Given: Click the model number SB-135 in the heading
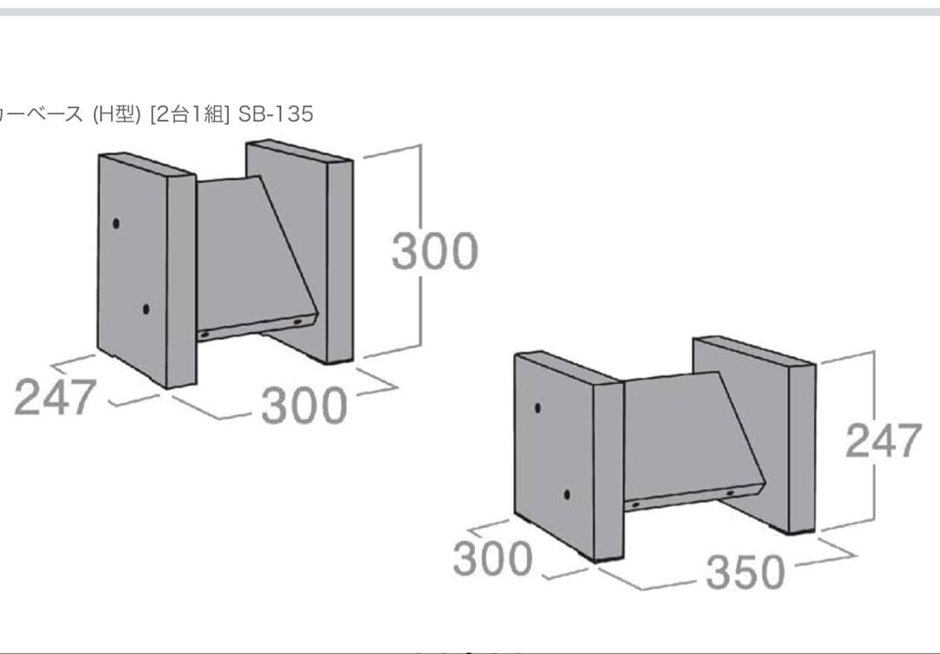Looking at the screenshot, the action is click(x=276, y=113).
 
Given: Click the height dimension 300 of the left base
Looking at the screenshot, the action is click(x=434, y=250).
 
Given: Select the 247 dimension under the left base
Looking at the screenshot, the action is click(x=55, y=396).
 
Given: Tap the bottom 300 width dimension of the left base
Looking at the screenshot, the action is click(x=304, y=405).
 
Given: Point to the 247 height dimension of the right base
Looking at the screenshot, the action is click(x=883, y=441).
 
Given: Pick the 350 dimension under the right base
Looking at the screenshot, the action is click(x=745, y=572).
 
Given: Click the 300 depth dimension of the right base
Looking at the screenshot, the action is click(x=492, y=558).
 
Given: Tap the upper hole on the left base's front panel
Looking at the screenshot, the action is click(x=116, y=223).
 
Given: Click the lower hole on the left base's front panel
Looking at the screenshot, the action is click(x=145, y=310).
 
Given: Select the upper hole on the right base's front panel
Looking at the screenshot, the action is click(x=537, y=408).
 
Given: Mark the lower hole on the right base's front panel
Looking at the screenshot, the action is click(x=567, y=495).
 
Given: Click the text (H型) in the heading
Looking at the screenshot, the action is click(x=117, y=113).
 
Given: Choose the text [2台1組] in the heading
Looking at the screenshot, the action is click(x=190, y=113).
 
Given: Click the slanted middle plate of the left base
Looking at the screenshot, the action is click(x=252, y=252).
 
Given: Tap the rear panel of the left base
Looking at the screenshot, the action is click(x=299, y=252).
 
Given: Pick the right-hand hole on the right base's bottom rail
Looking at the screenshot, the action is click(x=730, y=493).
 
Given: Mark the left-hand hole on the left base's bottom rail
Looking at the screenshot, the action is click(x=205, y=334).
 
